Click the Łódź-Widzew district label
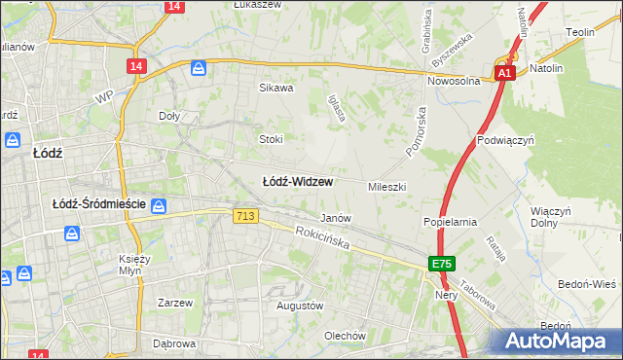[298, 181]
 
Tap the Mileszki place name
[386, 186]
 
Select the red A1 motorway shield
[503, 73]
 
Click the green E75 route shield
[442, 265]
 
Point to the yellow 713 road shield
[246, 216]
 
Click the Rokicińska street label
[323, 236]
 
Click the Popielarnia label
[450, 222]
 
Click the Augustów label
[300, 306]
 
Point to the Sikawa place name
[275, 88]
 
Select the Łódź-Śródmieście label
[98, 204]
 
